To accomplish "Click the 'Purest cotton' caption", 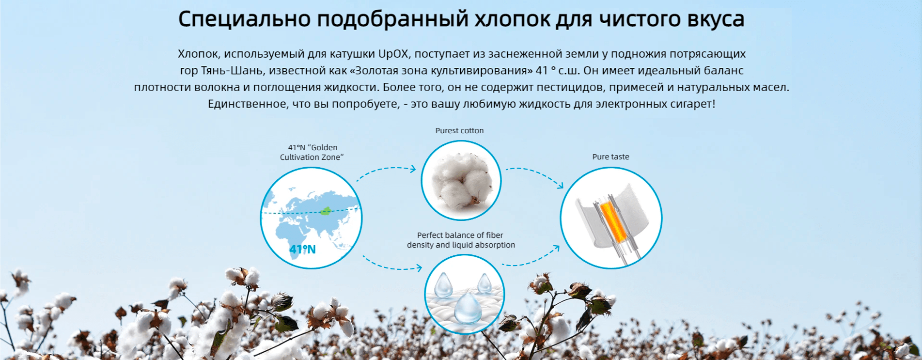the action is click(459, 131).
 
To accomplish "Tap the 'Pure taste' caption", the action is click(610, 157).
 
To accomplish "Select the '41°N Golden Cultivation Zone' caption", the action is click(312, 152).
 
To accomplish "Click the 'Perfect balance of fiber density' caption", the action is click(461, 240).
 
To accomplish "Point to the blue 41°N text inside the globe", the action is click(302, 250).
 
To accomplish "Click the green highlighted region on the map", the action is click(326, 210).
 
